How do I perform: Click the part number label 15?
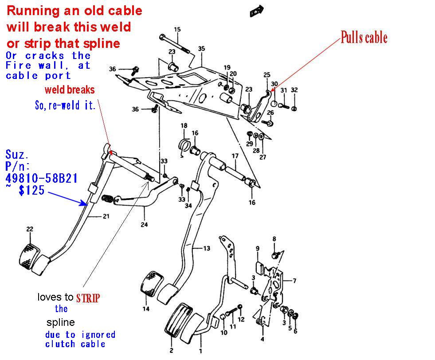coord(177,30)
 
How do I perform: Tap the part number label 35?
coord(201,48)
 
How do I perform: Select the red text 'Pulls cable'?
coord(364,38)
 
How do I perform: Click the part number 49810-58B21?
coord(42,178)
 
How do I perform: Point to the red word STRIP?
coord(88,297)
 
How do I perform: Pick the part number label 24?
coord(144,225)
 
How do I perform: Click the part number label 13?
coord(207,249)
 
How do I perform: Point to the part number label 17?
coord(235,156)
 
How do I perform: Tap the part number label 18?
coord(184,125)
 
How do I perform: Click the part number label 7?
coord(294,281)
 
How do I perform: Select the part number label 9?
coord(257,248)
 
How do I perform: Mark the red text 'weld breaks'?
coord(70,90)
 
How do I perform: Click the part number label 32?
coord(294,90)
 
